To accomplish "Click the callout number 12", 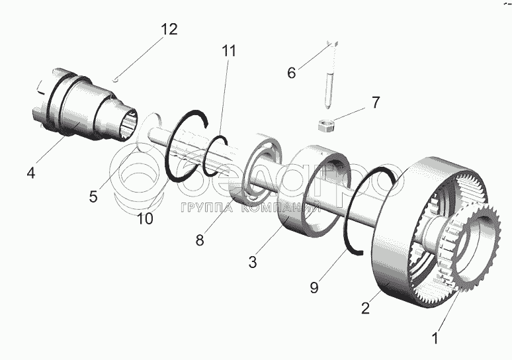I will (169, 30).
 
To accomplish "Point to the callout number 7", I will (375, 103).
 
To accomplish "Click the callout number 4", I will (31, 173).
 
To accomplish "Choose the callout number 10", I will (144, 218).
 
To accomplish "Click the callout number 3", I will (252, 262).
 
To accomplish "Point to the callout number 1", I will (435, 339).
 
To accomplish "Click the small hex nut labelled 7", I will (325, 125).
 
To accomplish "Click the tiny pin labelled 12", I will (116, 77).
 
